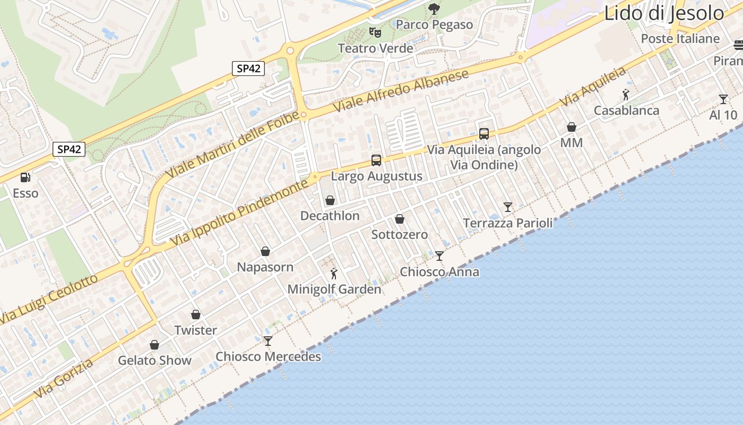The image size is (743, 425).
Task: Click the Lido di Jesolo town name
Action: click(663, 13)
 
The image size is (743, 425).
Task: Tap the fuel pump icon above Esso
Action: click(25, 177)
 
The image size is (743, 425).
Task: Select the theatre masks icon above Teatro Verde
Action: click(375, 32)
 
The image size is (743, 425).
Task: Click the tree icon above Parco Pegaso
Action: click(434, 8)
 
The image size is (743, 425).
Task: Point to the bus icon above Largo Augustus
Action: click(376, 160)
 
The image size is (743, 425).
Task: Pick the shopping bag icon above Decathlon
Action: click(330, 200)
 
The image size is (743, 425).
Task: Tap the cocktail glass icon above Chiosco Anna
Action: click(439, 256)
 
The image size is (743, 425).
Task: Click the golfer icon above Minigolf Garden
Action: click(334, 274)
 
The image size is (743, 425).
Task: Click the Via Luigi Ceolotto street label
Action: click(49, 299)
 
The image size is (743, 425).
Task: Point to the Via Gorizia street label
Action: click(64, 378)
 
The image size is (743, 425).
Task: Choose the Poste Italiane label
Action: click(680, 39)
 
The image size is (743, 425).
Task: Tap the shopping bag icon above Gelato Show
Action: click(154, 345)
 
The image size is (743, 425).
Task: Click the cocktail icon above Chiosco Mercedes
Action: click(268, 341)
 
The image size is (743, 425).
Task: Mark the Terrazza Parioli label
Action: click(508, 223)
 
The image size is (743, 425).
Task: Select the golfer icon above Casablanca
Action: click(626, 95)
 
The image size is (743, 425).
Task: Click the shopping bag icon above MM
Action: click(572, 127)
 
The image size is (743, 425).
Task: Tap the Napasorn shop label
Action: click(265, 267)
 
